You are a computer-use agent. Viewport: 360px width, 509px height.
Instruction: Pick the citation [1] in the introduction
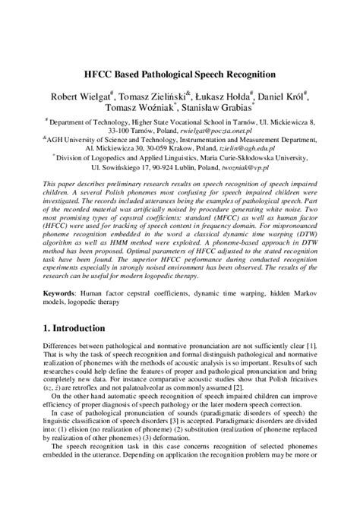point(313,346)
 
